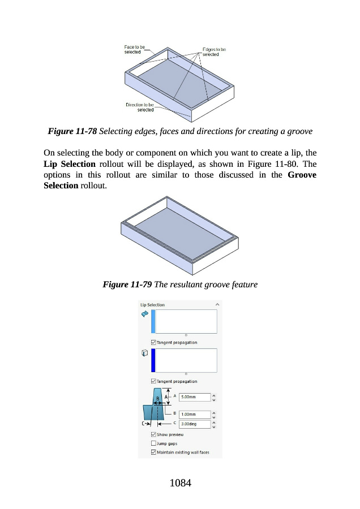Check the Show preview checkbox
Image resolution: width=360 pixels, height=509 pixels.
coord(154,434)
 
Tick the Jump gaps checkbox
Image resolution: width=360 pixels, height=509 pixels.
coord(154,443)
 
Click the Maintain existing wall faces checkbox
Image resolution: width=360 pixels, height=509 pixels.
coord(154,452)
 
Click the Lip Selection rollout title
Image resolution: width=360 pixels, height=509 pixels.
coord(153,305)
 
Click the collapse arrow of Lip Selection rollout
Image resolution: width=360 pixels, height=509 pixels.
coord(217,305)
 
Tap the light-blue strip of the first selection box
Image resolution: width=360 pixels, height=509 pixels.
coord(153,321)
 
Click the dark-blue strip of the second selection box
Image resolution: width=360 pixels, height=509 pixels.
coord(153,360)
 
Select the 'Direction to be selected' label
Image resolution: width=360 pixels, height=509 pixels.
coord(140,107)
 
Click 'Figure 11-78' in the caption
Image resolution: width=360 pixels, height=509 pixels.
coord(72,132)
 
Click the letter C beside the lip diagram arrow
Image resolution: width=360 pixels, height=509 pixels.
coord(143,422)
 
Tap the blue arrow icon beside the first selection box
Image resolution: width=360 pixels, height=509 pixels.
coord(144,313)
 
